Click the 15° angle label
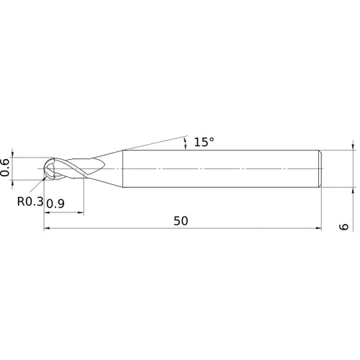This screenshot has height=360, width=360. coord(204,143)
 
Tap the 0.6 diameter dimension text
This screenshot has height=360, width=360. coord(6,168)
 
